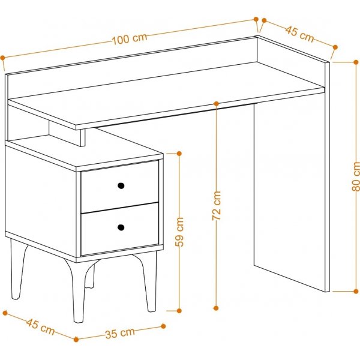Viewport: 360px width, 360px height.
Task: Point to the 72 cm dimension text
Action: point(217,206)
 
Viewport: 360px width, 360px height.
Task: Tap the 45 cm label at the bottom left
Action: point(40,327)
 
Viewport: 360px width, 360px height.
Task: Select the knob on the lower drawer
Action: point(121,227)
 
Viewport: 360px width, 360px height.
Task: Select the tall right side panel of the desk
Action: point(290,192)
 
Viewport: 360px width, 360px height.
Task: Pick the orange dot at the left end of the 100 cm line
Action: point(3,58)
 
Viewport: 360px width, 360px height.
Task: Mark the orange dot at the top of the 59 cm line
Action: point(179,154)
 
